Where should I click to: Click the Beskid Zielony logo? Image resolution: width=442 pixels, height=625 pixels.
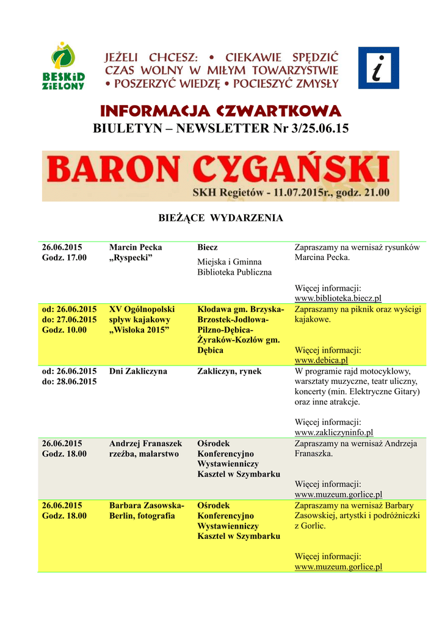click(68, 67)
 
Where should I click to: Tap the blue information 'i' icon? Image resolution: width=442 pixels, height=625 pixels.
click(379, 68)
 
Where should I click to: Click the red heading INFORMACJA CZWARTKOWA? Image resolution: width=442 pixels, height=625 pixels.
click(220, 111)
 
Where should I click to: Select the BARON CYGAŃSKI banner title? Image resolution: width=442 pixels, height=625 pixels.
click(220, 169)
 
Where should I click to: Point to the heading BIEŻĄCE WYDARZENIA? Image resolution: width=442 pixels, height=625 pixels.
click(220, 218)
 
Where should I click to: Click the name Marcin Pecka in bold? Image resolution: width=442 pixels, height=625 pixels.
click(136, 247)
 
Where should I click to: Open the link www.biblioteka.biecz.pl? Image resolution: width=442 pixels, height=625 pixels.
click(338, 298)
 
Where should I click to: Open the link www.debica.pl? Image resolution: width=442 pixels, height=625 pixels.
click(321, 361)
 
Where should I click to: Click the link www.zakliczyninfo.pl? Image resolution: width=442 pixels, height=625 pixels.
click(333, 432)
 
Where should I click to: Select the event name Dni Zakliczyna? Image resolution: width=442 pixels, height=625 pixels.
click(138, 371)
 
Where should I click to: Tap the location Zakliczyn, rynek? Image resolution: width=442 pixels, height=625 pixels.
click(233, 371)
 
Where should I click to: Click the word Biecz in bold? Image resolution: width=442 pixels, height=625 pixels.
click(208, 247)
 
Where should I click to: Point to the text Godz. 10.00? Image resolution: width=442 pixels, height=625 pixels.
click(64, 330)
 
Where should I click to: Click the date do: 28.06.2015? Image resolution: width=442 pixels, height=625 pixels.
click(69, 381)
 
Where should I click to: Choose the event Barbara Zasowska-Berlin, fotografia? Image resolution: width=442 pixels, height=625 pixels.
click(147, 511)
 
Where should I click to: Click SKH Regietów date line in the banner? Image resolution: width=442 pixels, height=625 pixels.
click(291, 193)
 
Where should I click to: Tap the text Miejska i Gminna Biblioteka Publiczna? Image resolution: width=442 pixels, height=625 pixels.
click(234, 267)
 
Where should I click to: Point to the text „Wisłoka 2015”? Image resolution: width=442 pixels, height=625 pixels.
click(139, 330)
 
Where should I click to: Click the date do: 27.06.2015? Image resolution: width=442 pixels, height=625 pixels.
click(69, 319)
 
